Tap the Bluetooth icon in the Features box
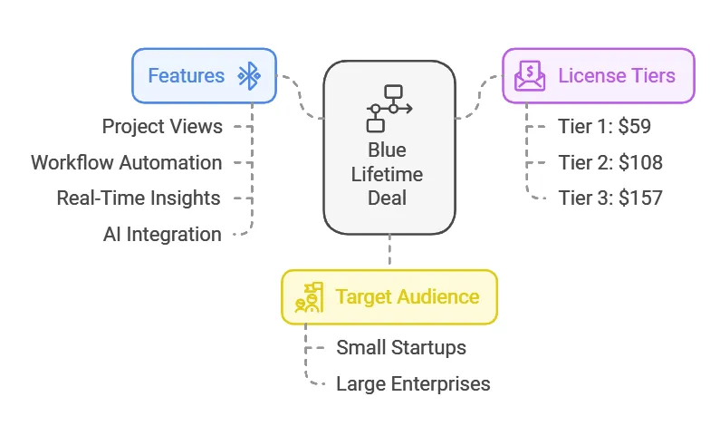point(248,76)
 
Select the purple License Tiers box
point(599,75)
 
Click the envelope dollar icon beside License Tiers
point(530,76)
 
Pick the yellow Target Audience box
point(389,296)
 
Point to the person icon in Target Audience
point(310,297)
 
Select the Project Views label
point(162,126)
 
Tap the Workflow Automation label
point(126,162)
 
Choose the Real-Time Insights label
point(138,198)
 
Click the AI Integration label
point(162,234)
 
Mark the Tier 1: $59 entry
point(604,126)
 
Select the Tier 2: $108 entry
point(610,162)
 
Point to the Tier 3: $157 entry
point(610,198)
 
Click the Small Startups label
point(401,347)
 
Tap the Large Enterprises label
point(413,383)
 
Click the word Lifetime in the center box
point(387,174)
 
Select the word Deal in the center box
point(387,198)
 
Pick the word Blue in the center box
point(387,150)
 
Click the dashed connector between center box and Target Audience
point(389,251)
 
